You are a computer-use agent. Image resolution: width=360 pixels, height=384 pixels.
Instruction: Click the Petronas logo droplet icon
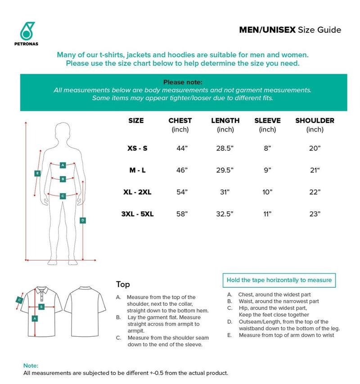tap(27, 31)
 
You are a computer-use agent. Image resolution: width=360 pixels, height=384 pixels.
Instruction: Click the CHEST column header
tap(180, 121)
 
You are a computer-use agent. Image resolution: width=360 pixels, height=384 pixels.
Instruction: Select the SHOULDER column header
tap(315, 121)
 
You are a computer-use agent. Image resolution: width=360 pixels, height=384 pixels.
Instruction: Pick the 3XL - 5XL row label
tap(137, 215)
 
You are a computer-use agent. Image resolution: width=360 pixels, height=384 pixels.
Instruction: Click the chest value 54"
tap(182, 192)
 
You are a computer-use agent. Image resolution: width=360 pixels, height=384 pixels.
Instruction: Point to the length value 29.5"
tap(225, 170)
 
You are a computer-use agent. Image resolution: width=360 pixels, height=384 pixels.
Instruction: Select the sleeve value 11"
tap(267, 215)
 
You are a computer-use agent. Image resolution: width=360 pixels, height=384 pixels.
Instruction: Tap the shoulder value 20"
tap(315, 149)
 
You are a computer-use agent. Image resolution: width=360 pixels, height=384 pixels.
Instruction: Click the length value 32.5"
tap(225, 215)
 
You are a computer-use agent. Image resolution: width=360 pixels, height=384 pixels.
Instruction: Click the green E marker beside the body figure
tap(37, 173)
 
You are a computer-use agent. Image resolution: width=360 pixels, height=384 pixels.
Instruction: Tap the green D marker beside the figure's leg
tap(83, 220)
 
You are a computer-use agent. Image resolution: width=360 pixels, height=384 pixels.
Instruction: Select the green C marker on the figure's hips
tap(63, 196)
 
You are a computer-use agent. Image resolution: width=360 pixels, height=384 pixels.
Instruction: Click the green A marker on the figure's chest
tap(63, 165)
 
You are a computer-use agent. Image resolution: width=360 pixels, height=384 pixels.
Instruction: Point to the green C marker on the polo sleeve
tap(19, 299)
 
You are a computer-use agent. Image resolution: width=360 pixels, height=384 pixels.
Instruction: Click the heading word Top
tap(123, 285)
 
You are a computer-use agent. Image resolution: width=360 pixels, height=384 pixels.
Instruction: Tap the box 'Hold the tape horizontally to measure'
tap(279, 280)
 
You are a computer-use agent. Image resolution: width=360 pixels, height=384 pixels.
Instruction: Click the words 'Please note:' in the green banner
tap(183, 82)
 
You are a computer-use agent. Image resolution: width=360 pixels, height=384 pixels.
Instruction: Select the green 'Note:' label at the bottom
tap(31, 366)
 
